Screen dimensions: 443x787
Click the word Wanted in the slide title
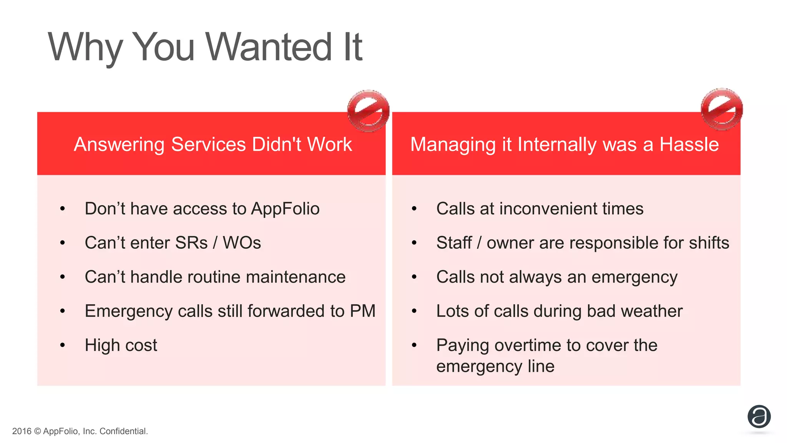click(269, 47)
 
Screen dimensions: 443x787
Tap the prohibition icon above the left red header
click(368, 111)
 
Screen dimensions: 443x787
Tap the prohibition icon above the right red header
click(722, 109)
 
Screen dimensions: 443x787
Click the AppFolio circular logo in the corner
click(759, 416)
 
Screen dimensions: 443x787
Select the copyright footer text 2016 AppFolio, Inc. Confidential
click(80, 431)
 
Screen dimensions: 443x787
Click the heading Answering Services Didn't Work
click(213, 145)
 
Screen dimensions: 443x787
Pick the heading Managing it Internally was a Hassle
click(565, 145)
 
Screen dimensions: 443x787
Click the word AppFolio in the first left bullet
click(285, 209)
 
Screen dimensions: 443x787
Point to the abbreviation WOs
click(242, 243)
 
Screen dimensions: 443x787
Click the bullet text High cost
click(121, 345)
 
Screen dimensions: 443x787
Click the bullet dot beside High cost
click(63, 345)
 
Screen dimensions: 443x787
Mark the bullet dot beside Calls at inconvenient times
click(414, 209)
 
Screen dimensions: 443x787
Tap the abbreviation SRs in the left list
click(191, 243)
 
